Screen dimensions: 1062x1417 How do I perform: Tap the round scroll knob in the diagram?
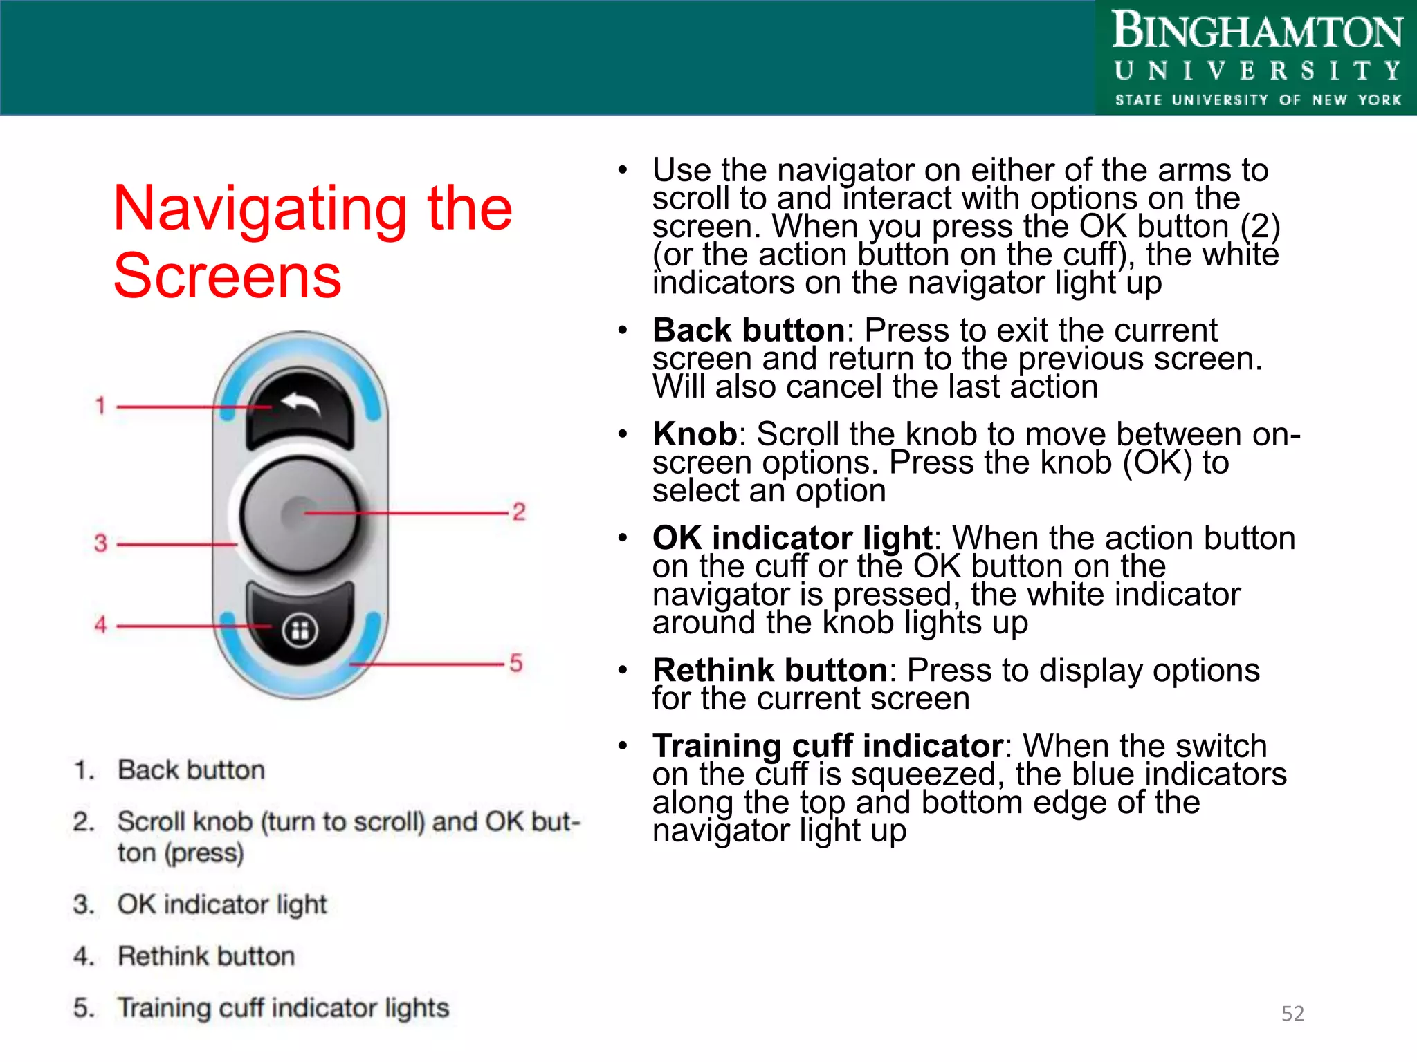[300, 515]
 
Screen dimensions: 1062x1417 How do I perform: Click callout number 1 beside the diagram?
[100, 405]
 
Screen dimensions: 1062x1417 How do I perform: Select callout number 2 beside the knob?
[519, 512]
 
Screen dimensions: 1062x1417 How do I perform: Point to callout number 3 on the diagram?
[101, 543]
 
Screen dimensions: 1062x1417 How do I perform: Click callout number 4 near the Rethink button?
[101, 624]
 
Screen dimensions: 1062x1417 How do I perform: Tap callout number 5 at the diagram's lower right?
[516, 662]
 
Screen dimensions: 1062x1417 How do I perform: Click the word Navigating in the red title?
[260, 209]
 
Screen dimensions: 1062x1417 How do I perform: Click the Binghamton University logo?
[1256, 58]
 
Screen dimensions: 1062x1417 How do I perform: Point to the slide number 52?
[1292, 1013]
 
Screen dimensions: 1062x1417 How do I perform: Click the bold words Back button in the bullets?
[748, 330]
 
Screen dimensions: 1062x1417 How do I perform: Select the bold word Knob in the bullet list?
[695, 434]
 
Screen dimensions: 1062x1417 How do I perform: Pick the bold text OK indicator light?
[792, 538]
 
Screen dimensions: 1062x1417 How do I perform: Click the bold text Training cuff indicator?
[828, 746]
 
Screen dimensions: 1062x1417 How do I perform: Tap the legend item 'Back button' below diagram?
[191, 770]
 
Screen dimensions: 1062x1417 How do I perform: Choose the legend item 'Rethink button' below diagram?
[206, 956]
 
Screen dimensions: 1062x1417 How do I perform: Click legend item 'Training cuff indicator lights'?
[283, 1007]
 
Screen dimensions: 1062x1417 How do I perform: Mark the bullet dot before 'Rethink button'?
[623, 670]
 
